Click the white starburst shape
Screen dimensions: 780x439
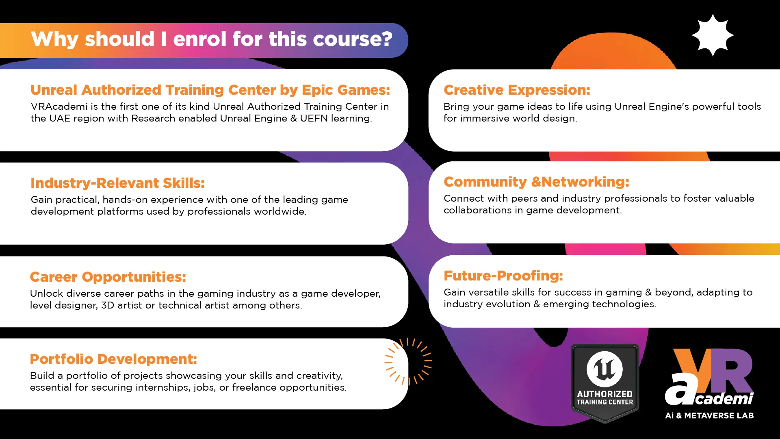click(x=713, y=35)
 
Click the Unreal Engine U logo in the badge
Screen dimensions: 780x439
click(x=604, y=369)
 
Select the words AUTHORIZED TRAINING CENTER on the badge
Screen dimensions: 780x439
click(x=604, y=398)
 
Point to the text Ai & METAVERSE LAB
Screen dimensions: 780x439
click(x=709, y=415)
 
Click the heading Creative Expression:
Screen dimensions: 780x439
click(x=517, y=90)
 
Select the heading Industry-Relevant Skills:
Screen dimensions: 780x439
click(x=117, y=183)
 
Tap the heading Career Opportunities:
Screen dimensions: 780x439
click(x=108, y=277)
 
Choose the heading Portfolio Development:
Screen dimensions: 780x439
click(x=113, y=359)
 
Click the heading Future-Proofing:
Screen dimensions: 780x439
click(x=503, y=276)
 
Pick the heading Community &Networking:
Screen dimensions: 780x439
click(x=536, y=182)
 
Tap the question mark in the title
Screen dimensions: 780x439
click(x=387, y=39)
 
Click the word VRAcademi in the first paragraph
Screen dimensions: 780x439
click(x=59, y=106)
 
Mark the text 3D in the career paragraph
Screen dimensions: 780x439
click(x=108, y=305)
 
